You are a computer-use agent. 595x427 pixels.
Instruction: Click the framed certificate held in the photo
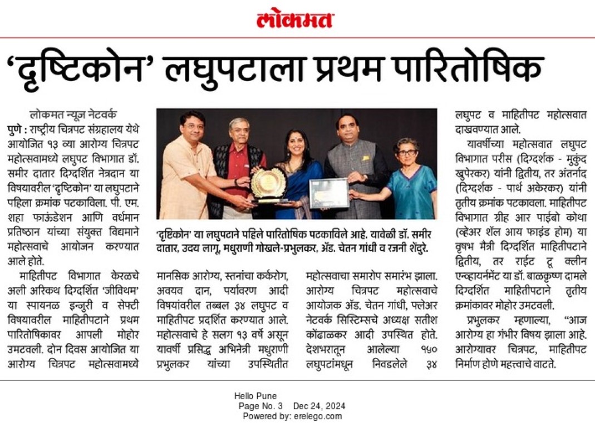click(329, 193)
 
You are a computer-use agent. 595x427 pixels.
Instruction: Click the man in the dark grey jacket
click(356, 167)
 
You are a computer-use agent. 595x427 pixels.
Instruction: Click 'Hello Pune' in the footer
click(255, 396)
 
